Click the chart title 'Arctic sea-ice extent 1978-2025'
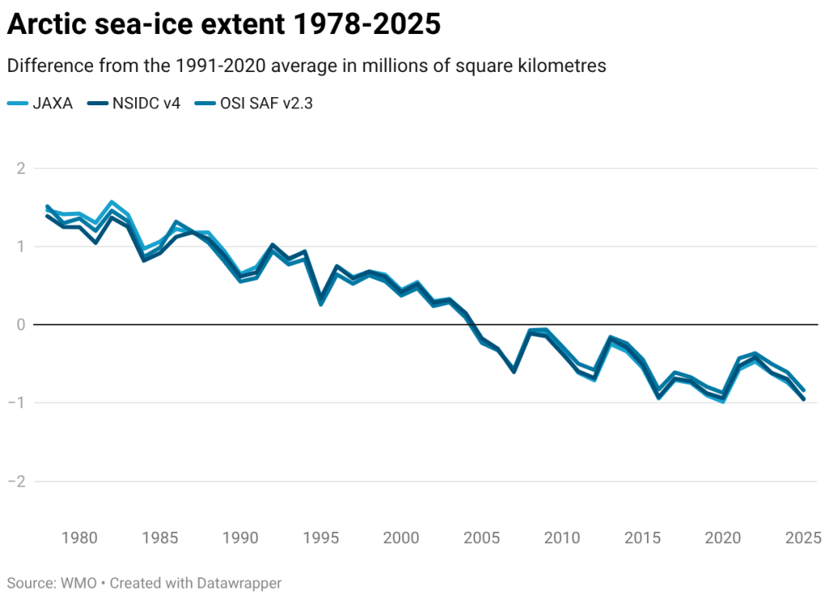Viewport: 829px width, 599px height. coord(223,25)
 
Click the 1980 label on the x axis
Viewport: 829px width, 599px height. coord(80,537)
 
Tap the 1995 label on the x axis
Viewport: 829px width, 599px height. coord(321,537)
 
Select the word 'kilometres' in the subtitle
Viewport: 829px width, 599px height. coord(565,66)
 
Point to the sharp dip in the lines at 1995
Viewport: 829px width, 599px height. coord(321,302)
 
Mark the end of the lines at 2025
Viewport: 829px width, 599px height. coord(804,396)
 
